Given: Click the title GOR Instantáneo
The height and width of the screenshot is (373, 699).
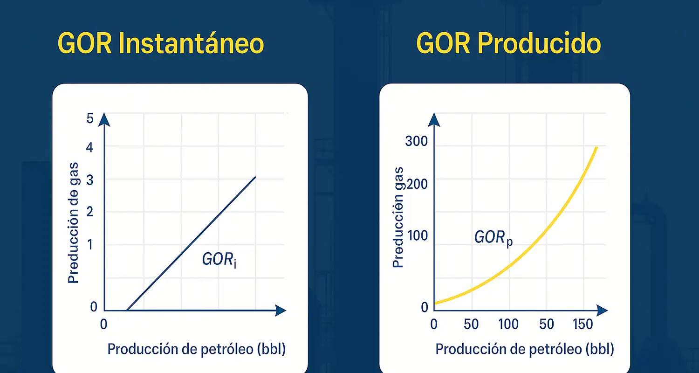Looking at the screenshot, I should [161, 43].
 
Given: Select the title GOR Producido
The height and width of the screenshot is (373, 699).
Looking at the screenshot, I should [508, 43].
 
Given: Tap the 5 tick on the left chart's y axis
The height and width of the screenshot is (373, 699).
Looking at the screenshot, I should [90, 118].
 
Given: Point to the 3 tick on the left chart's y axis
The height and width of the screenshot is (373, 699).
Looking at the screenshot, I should [90, 180].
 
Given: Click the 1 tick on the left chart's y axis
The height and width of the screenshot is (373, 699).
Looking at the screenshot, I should [90, 245].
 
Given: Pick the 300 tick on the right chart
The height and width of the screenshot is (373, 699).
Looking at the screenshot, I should [417, 141].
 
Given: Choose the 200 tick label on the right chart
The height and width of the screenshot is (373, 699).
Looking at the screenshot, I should [418, 184].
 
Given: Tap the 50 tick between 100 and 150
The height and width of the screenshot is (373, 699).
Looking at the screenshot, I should [547, 324].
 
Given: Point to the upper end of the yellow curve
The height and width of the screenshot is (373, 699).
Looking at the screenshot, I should [596, 147].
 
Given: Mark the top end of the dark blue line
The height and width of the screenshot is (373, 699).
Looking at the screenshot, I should [255, 177].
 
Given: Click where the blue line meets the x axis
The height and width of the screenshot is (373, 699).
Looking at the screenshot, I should [127, 310].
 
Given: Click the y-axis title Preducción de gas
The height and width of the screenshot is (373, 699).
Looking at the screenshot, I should [73, 222].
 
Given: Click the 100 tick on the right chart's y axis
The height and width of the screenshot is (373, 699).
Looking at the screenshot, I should [418, 235].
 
